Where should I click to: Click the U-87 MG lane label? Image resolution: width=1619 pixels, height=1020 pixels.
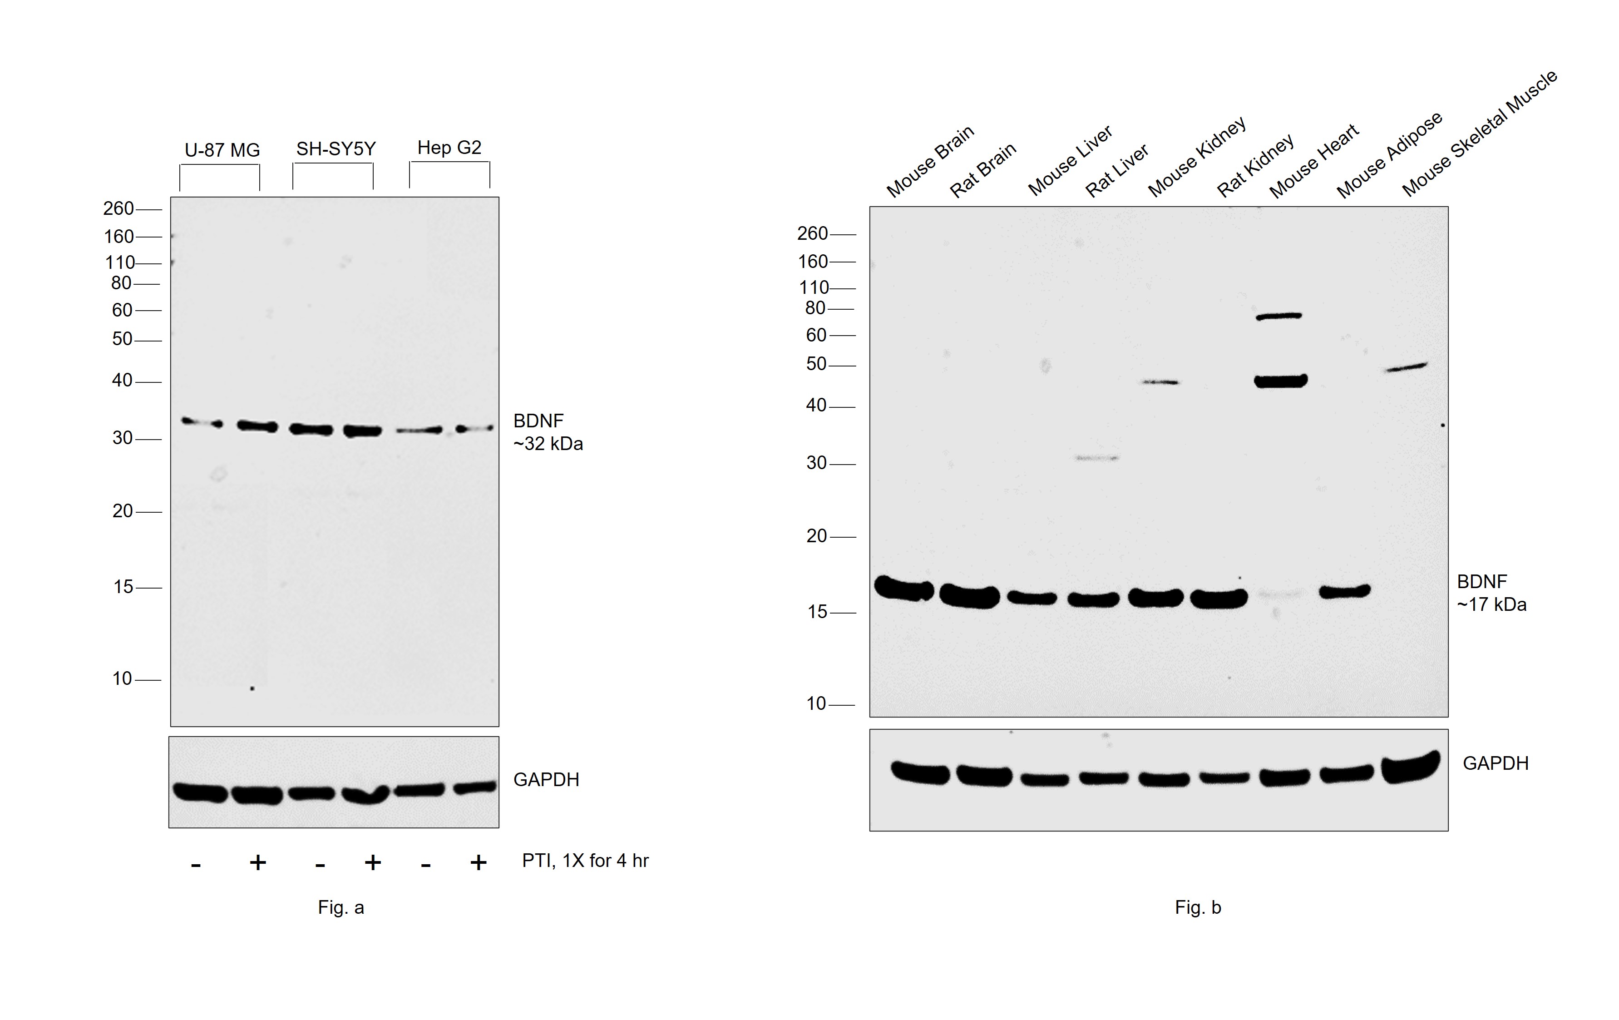tap(222, 150)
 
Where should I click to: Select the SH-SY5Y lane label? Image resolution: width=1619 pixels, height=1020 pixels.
tap(336, 149)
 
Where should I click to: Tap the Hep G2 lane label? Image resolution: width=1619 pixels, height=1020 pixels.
tap(449, 147)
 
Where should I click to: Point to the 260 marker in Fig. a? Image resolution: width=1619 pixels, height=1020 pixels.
tap(118, 208)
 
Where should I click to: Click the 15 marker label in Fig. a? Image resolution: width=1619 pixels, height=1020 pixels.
tap(123, 587)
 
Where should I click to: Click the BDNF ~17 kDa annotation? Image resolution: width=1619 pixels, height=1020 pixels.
tap(1491, 593)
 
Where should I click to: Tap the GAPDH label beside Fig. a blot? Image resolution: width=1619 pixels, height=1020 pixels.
tap(546, 780)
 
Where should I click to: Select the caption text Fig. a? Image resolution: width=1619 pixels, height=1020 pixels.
tap(341, 908)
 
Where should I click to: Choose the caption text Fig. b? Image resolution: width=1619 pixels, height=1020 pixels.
tap(1198, 908)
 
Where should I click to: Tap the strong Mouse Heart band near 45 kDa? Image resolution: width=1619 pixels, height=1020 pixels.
tap(1282, 381)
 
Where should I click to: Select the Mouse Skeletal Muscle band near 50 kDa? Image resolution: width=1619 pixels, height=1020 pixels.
tap(1406, 367)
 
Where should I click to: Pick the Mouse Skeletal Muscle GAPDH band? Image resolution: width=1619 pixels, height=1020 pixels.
tap(1411, 768)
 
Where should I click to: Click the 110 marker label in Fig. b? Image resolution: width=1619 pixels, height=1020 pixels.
tap(814, 288)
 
